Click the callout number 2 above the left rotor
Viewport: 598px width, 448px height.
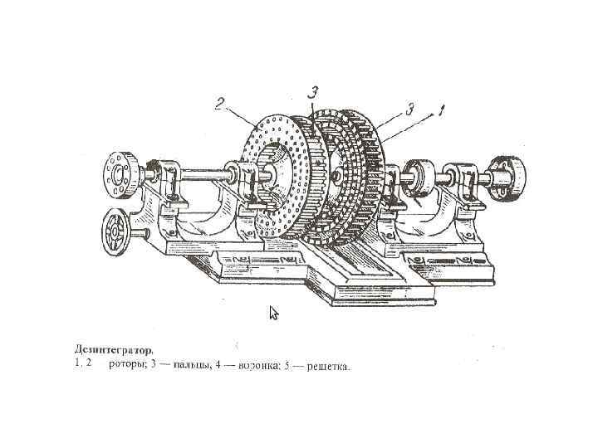pos(220,104)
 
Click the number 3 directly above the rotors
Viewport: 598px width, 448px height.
pos(315,90)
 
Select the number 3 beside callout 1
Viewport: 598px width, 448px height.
pos(409,109)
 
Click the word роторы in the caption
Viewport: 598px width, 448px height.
pos(127,364)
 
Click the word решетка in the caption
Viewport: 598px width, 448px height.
pos(329,364)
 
